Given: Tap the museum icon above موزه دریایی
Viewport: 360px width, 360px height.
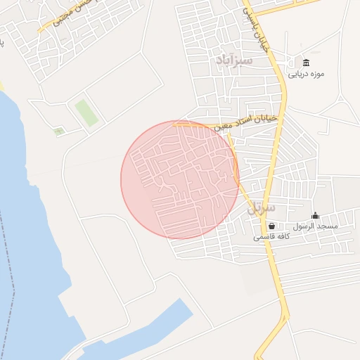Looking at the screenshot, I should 306,62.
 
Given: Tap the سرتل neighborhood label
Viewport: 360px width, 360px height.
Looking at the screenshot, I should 264,209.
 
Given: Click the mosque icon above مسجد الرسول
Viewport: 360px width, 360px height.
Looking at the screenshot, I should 315,215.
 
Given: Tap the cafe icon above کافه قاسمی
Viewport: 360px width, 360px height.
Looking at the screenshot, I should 271,226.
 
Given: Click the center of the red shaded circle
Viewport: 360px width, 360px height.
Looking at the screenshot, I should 180,179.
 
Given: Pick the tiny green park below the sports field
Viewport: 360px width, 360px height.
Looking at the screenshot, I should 58,131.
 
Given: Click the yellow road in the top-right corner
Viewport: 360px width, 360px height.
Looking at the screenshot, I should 295,5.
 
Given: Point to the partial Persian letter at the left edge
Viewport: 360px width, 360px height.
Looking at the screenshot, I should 2,42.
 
